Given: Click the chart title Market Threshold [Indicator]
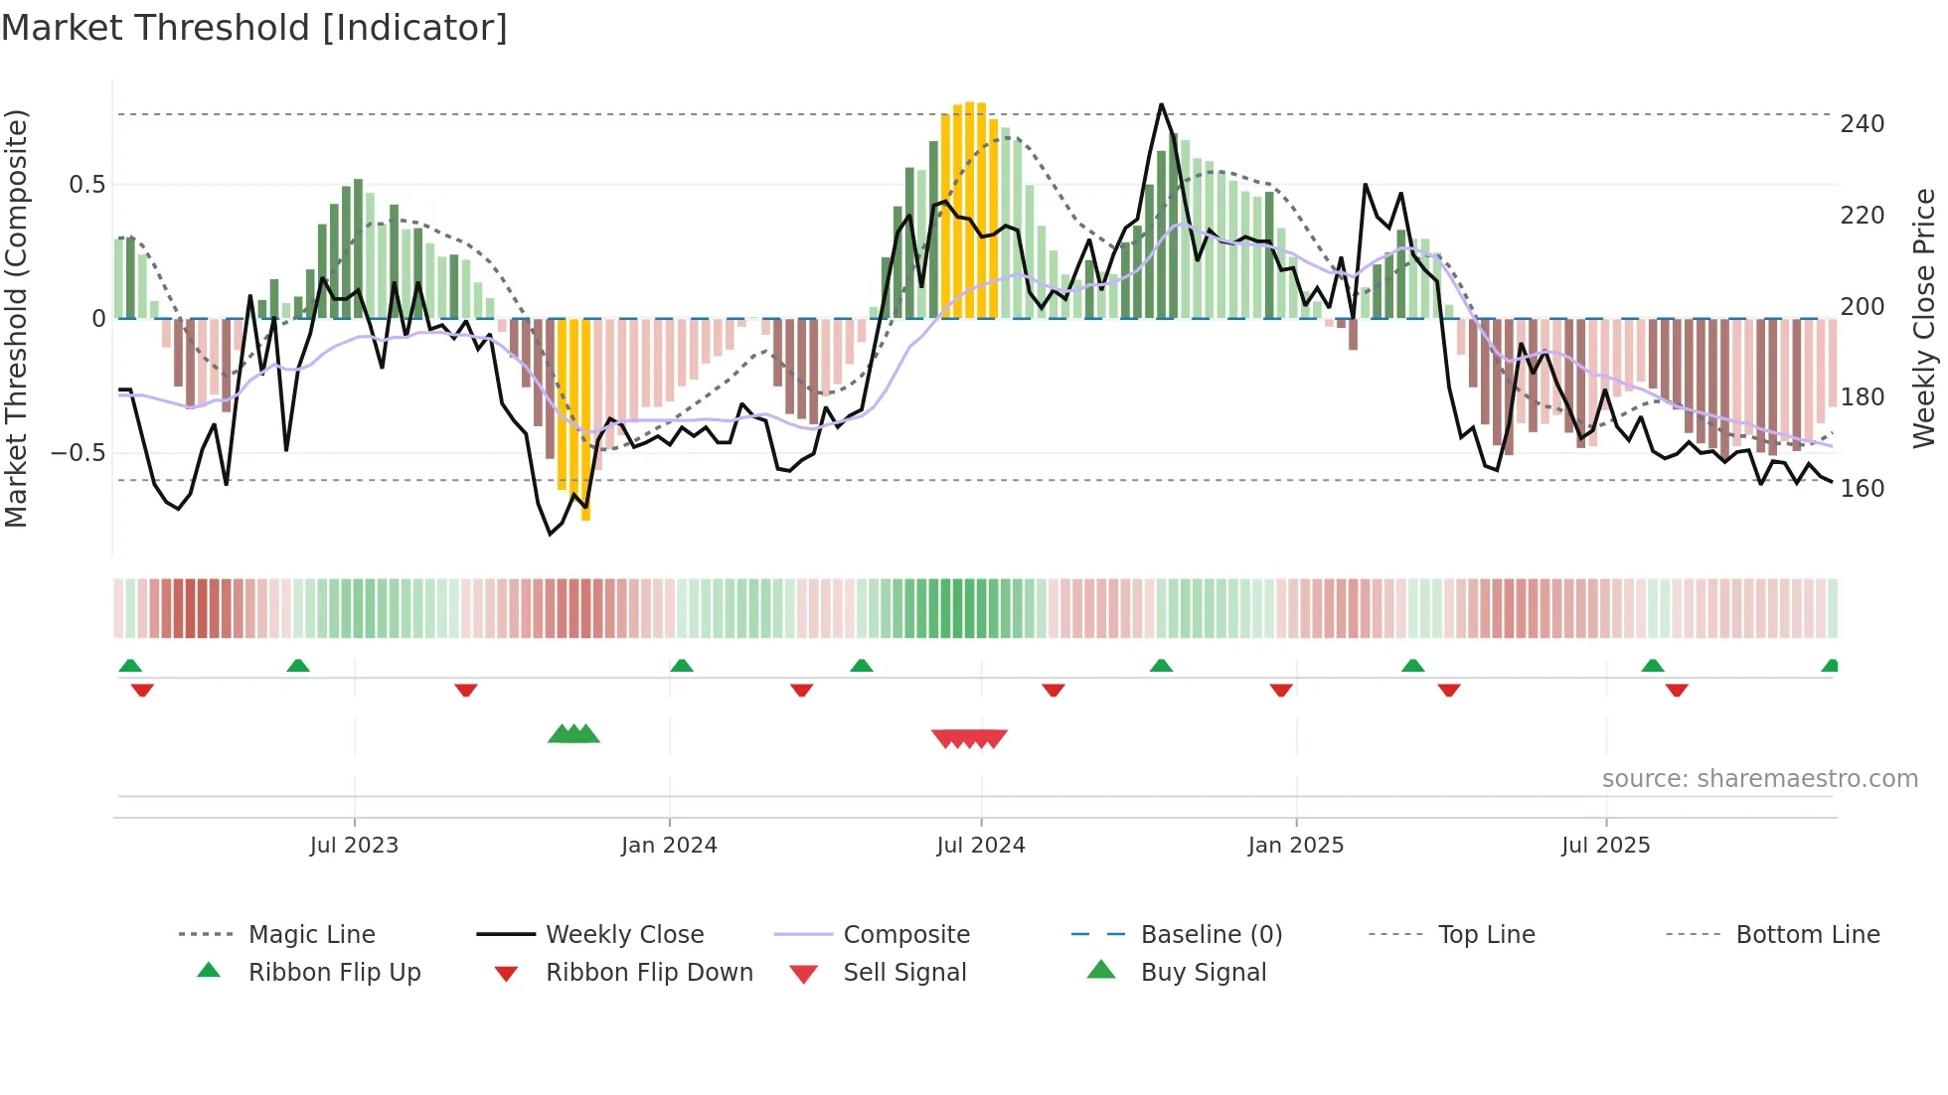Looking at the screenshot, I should click(254, 28).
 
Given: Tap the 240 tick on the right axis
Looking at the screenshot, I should click(1862, 124).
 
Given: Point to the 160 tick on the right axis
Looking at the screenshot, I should click(1862, 489).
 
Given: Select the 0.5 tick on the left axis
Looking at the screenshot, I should click(86, 185).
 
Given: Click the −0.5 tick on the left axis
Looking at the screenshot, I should click(79, 453).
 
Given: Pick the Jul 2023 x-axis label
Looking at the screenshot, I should click(354, 846).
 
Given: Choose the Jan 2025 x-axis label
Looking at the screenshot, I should click(1295, 846).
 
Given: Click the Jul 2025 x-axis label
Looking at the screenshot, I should click(1605, 846).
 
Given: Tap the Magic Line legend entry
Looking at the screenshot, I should click(311, 935).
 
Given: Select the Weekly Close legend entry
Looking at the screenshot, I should click(624, 935).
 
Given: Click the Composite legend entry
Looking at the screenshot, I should click(905, 935).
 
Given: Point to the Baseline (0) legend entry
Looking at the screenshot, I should click(1211, 935).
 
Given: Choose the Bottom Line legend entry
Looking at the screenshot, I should click(1807, 935).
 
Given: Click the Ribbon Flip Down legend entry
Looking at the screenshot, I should click(648, 973).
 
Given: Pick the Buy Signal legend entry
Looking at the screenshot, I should click(1203, 973).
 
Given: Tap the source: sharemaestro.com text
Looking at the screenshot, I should click(1759, 779).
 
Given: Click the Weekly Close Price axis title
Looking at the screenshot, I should click(1925, 318).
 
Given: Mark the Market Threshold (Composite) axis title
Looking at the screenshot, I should click(16, 318).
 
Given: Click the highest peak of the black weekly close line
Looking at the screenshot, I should click(1161, 104).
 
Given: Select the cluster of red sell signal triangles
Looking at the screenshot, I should click(969, 738).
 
